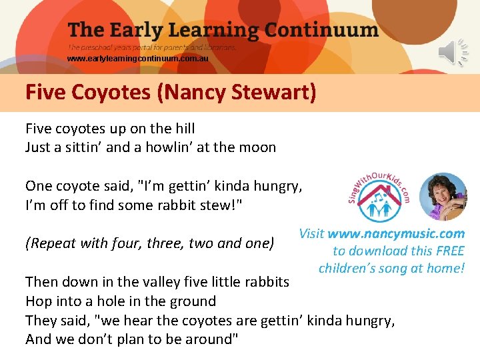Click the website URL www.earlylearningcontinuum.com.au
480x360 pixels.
[x=137, y=59]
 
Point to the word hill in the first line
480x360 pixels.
[x=183, y=128]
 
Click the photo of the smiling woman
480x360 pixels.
[x=443, y=197]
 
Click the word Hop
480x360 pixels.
[x=37, y=301]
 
